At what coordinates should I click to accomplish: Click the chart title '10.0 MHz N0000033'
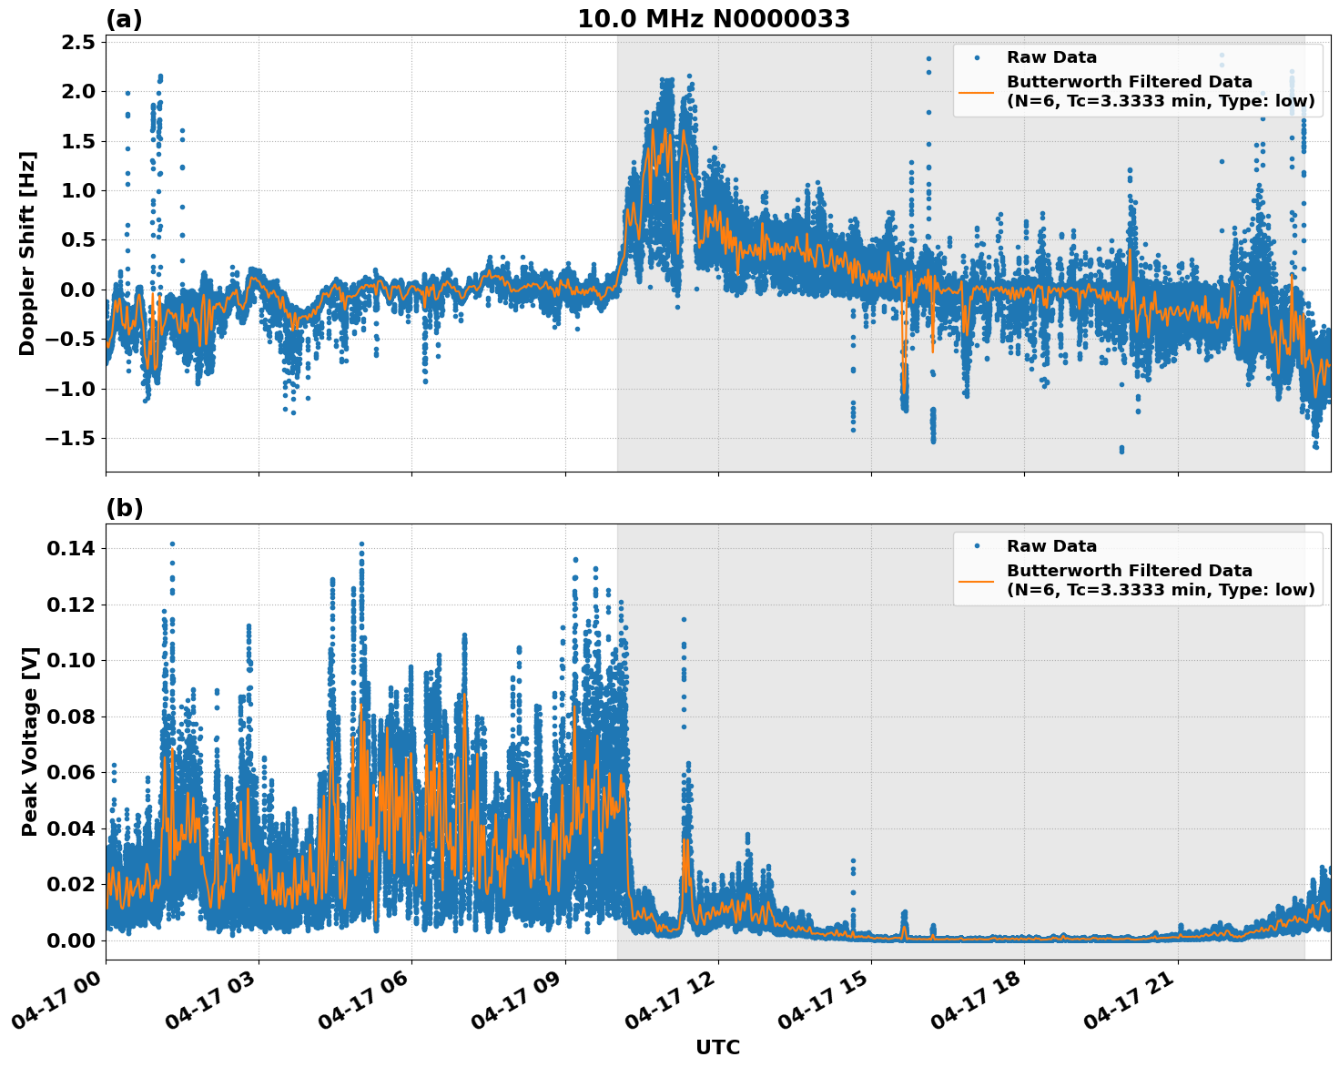[714, 19]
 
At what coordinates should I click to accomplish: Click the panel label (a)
[124, 19]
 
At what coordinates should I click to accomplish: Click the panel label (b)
[124, 508]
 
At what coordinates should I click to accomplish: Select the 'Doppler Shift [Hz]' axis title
[27, 253]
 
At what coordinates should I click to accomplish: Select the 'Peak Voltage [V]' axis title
[30, 742]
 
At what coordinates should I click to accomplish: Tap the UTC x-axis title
[717, 1047]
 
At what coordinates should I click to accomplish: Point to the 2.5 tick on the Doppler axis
[76, 42]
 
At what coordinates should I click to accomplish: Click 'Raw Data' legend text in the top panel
[1051, 57]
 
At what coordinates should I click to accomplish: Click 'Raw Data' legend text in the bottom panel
[1051, 546]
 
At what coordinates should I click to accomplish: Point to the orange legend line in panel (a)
[977, 92]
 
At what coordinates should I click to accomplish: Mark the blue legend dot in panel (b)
[977, 546]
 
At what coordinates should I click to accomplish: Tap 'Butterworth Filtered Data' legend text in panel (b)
[1129, 571]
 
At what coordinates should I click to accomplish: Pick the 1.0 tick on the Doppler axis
[76, 190]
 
